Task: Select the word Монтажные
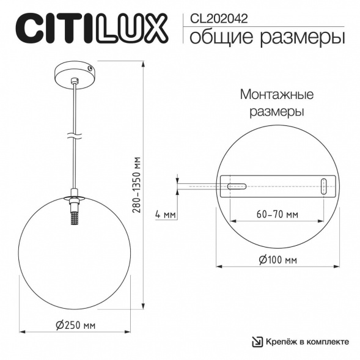coord(277,95)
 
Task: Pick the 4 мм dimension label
coord(166,215)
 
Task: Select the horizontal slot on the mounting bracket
coord(235,183)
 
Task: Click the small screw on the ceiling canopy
coord(90,70)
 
